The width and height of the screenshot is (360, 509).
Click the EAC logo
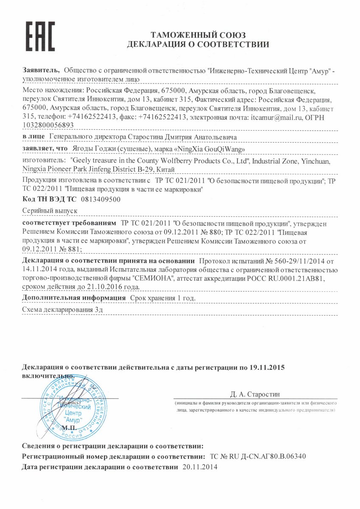[x=40, y=37]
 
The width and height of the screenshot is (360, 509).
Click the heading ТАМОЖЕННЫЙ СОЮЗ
[x=198, y=35]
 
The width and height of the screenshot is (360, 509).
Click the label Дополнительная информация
[x=74, y=298]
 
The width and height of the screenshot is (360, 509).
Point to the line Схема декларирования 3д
[x=61, y=310]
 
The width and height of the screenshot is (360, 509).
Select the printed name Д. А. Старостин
[x=255, y=394]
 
